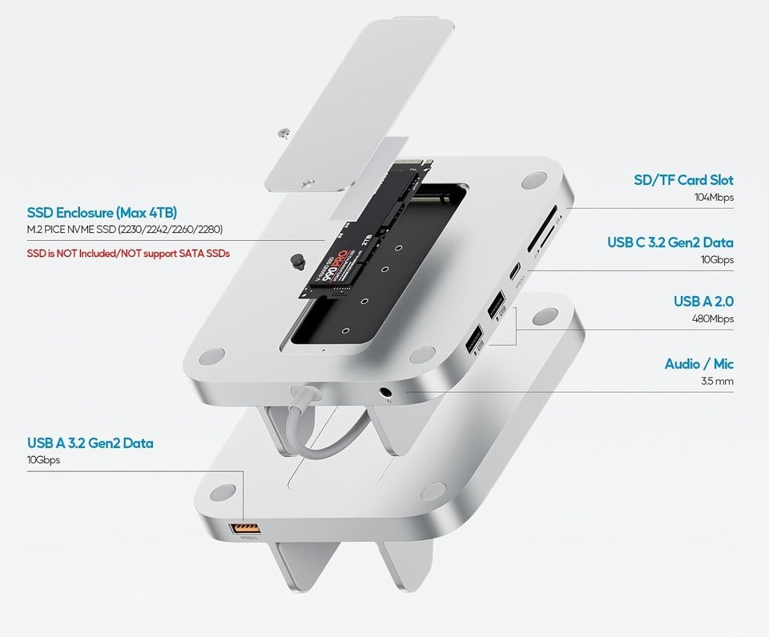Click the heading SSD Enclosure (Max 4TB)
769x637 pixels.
point(102,213)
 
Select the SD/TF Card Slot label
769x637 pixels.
point(683,180)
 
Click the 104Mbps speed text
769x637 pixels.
point(714,197)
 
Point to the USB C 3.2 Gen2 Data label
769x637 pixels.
point(670,242)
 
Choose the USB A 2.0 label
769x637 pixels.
point(703,302)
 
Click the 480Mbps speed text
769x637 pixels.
point(711,318)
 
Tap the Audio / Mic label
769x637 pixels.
point(699,364)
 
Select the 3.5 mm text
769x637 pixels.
point(717,381)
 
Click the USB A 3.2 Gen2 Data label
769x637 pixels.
point(90,443)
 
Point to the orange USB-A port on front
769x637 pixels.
point(245,528)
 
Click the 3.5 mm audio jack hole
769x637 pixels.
point(388,394)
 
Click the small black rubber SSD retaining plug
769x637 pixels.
point(298,260)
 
